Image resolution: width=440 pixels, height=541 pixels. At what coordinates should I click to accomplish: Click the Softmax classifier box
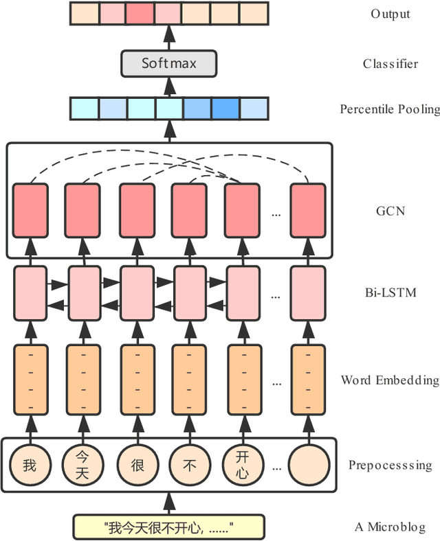point(169,63)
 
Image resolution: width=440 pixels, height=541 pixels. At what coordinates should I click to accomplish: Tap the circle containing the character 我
point(30,465)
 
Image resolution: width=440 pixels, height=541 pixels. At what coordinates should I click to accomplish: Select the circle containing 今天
point(82,465)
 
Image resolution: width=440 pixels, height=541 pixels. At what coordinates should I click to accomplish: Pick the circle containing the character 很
point(137,465)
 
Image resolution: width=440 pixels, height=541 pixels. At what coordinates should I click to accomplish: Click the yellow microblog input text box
point(169,527)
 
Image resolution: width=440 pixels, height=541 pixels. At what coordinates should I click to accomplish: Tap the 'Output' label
point(390,14)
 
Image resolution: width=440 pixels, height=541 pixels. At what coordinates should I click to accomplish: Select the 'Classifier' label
point(390,64)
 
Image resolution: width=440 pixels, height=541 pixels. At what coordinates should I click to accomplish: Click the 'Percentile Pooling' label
point(389,109)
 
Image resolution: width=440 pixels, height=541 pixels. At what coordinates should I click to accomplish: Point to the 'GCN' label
point(390,211)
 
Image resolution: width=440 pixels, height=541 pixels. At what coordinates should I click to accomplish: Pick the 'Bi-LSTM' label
point(390,293)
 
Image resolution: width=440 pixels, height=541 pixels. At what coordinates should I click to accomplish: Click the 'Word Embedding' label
point(389,380)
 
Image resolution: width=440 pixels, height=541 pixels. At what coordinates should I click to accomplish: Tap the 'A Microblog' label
point(390,527)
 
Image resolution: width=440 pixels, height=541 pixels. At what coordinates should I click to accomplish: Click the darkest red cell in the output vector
point(140,13)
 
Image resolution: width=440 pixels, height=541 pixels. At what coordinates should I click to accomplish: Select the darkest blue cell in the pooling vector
point(225,108)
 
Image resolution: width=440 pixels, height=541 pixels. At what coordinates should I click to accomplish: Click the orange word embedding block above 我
point(30,379)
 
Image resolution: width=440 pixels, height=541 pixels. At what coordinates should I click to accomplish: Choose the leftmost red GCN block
point(30,210)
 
